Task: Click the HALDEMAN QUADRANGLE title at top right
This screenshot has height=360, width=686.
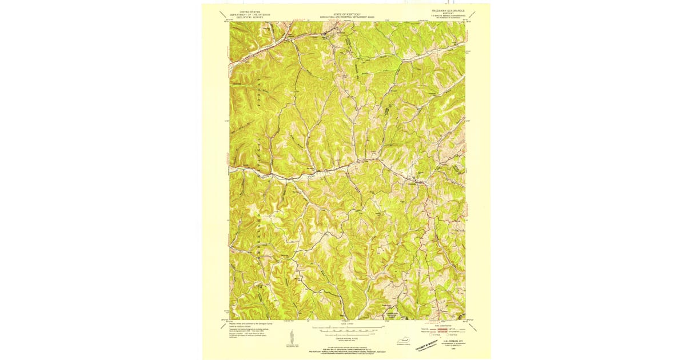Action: point(448,11)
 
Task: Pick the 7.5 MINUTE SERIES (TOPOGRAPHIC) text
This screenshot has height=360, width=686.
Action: point(448,15)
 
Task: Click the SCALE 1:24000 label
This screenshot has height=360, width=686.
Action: point(348,324)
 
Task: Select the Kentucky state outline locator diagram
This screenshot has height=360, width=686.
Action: point(409,339)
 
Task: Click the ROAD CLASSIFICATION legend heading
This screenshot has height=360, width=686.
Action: point(449,323)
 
